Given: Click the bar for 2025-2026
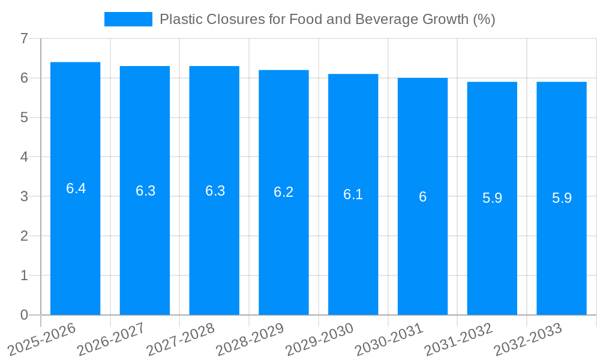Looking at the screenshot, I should (x=75, y=240).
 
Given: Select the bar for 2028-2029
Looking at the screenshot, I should (x=284, y=240).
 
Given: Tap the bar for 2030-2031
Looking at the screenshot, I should (x=422, y=240).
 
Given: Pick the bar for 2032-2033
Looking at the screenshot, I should (x=562, y=240).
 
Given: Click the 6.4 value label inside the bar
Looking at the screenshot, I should (x=76, y=188).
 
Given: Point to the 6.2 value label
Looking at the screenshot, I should (x=284, y=192).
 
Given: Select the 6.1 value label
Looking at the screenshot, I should (x=353, y=194).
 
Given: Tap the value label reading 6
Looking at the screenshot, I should (x=422, y=197).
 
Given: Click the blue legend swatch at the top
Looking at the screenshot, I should (x=128, y=19).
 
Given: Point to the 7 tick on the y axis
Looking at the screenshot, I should (x=24, y=38).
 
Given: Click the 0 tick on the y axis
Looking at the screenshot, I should (x=24, y=315).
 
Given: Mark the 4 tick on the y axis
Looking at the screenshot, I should (x=24, y=157).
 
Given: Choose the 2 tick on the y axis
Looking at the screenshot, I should (x=24, y=236).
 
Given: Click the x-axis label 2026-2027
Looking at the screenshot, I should (x=111, y=339).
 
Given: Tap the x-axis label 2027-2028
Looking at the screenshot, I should (x=181, y=339).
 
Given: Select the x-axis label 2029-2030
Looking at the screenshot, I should (x=320, y=339).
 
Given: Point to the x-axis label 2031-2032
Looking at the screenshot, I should (x=458, y=339).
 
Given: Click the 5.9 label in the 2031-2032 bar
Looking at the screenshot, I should (x=492, y=198).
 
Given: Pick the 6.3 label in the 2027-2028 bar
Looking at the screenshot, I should (x=215, y=191).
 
